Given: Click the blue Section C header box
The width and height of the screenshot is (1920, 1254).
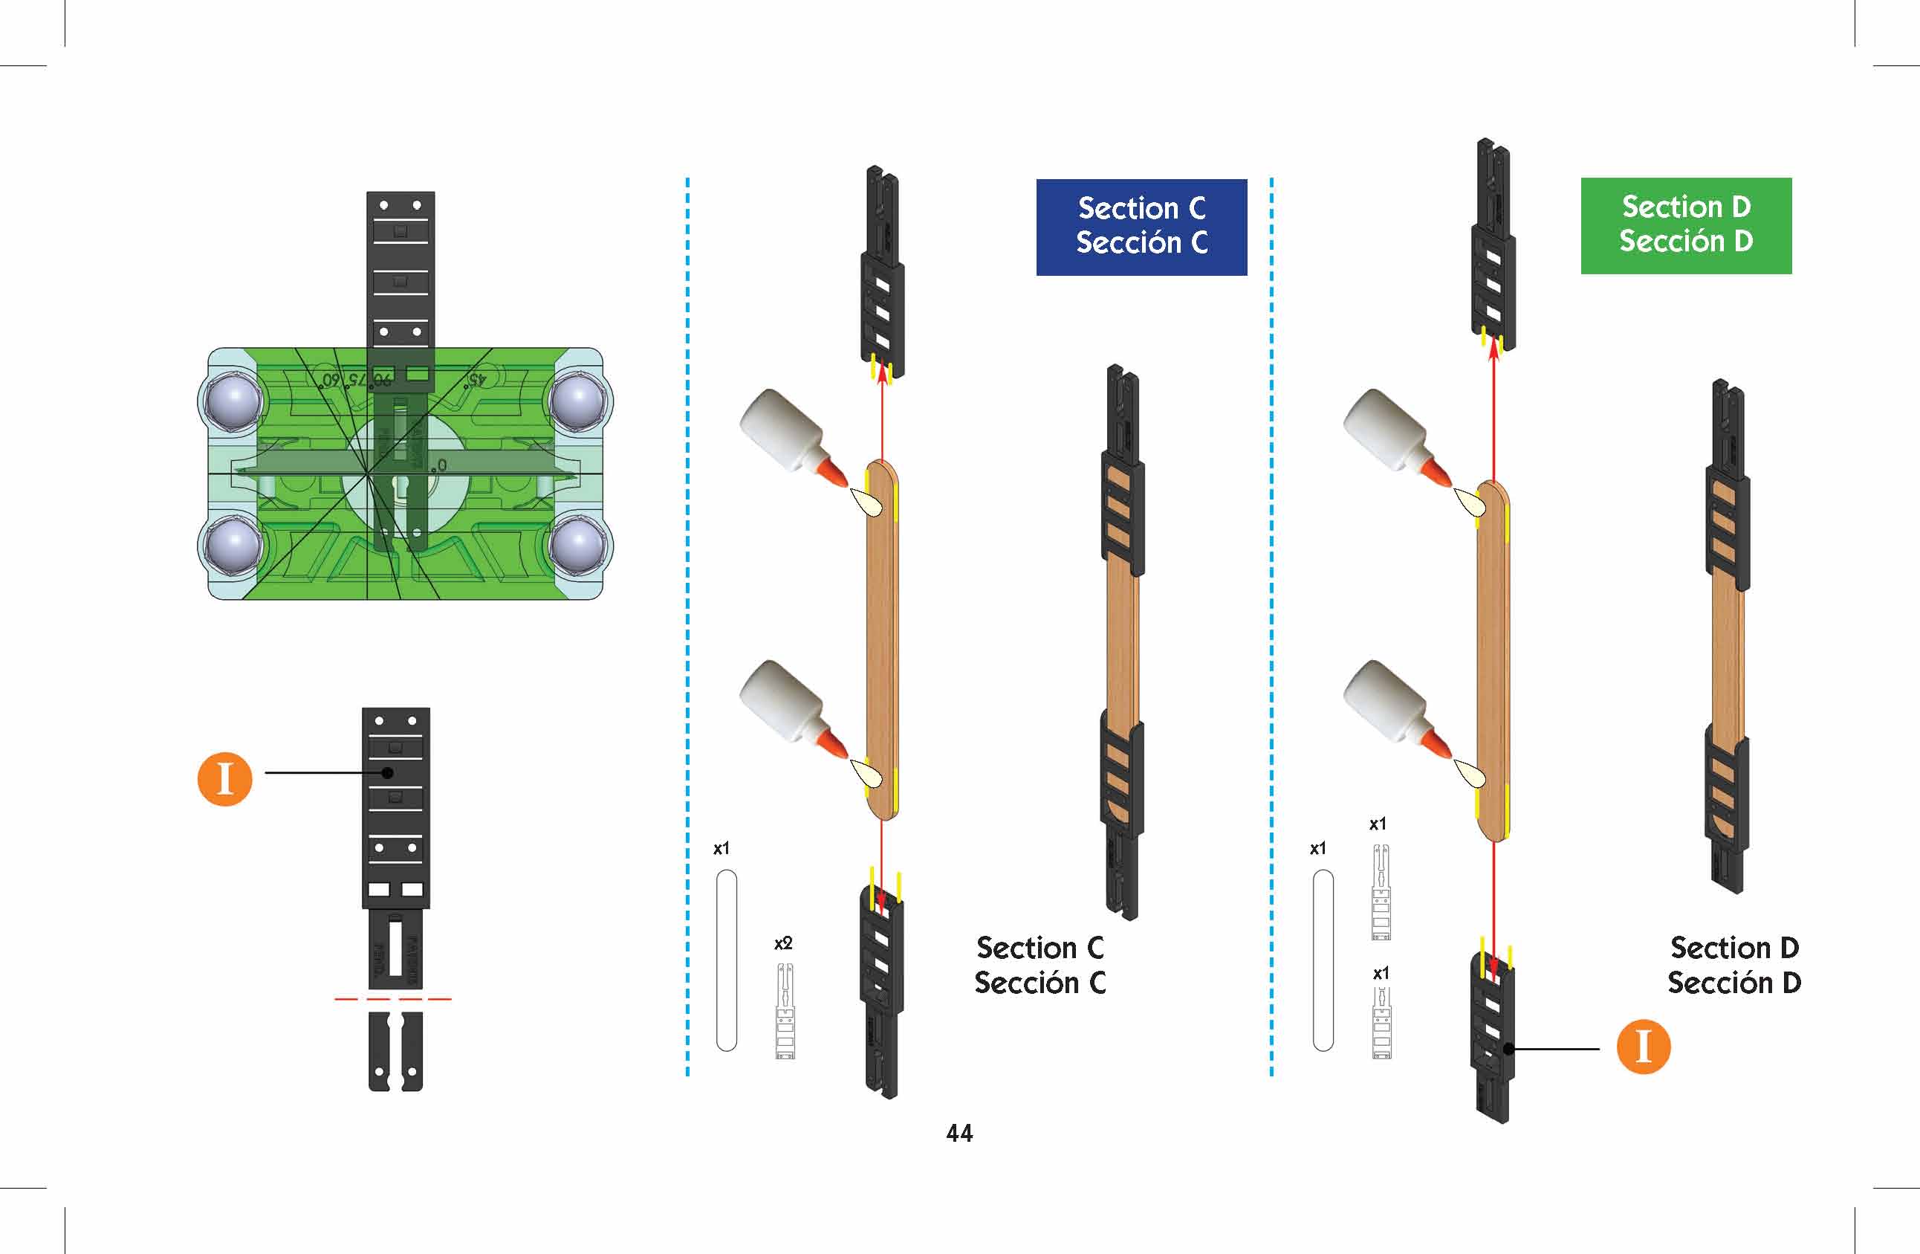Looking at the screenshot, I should (1141, 227).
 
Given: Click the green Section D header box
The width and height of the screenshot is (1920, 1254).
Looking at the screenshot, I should (1685, 225).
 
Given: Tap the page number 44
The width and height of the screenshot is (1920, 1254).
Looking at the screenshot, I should (959, 1133).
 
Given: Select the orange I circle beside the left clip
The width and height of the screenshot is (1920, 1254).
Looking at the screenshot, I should (225, 779).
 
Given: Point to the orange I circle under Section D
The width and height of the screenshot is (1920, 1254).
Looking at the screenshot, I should (1644, 1047).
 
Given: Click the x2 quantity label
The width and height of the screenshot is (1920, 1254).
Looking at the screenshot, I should (782, 943).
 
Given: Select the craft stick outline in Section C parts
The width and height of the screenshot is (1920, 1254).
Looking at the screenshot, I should (726, 960).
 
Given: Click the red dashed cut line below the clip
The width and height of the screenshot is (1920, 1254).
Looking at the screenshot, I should (393, 999).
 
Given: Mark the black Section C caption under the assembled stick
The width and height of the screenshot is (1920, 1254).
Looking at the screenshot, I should (1040, 965).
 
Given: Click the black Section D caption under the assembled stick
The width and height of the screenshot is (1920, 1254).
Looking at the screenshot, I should (1733, 965).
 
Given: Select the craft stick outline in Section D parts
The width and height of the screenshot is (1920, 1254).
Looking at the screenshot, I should (1323, 960).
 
